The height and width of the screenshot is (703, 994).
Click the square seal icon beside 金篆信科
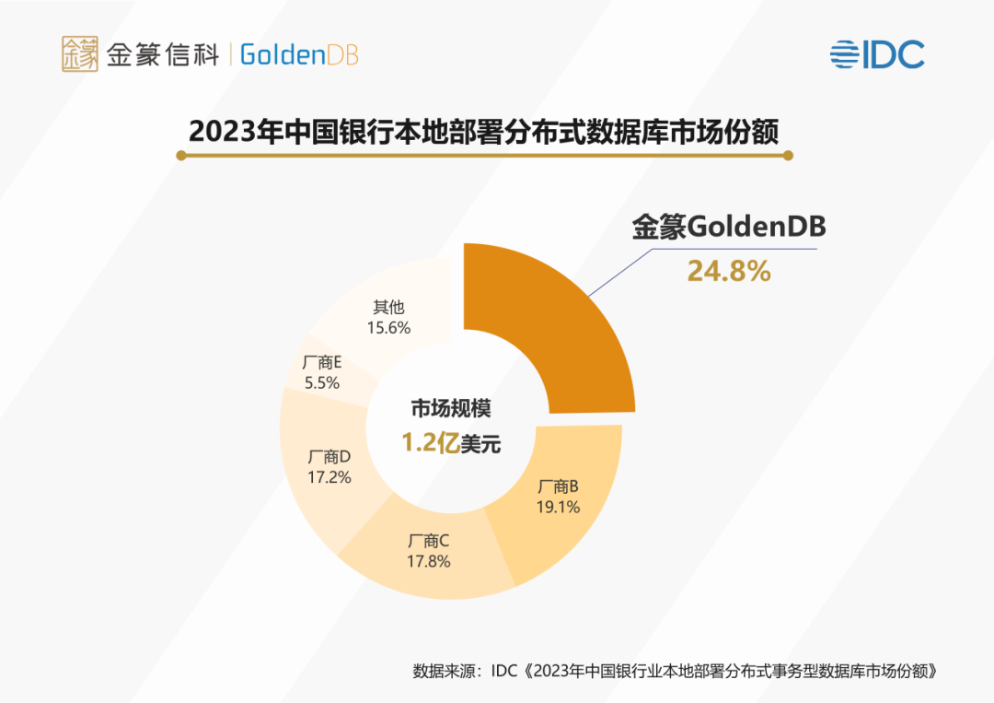click(x=80, y=54)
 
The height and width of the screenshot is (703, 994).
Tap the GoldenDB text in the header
click(x=299, y=54)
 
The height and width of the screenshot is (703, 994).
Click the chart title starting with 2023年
click(x=484, y=131)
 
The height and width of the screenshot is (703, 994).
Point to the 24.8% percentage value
click(x=728, y=272)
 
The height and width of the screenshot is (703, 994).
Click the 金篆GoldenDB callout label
click(x=728, y=228)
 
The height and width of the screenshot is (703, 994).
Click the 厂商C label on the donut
click(x=428, y=541)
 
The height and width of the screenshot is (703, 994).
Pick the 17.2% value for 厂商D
click(x=329, y=477)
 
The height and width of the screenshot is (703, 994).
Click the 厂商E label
click(x=322, y=362)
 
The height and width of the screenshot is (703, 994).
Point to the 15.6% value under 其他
click(x=387, y=327)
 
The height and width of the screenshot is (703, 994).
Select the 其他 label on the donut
click(x=387, y=307)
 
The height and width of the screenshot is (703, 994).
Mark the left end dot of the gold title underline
click(x=181, y=156)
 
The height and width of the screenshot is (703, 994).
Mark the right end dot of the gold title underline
click(x=788, y=156)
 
